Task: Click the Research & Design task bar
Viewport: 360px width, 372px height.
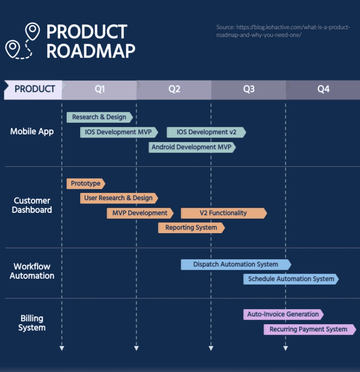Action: pyautogui.click(x=100, y=117)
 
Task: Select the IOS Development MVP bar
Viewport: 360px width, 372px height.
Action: pyautogui.click(x=119, y=132)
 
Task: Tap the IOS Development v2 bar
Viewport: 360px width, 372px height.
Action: pyautogui.click(x=206, y=132)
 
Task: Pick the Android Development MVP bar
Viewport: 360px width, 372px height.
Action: pyautogui.click(x=192, y=147)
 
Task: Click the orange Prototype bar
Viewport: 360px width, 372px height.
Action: pyautogui.click(x=86, y=184)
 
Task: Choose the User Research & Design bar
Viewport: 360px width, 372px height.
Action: pyautogui.click(x=119, y=198)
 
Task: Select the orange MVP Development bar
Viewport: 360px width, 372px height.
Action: pyautogui.click(x=140, y=213)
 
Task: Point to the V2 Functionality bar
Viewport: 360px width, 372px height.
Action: pyautogui.click(x=224, y=213)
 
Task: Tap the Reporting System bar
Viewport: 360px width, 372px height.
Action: pyautogui.click(x=191, y=228)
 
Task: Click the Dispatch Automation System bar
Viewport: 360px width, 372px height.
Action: pyautogui.click(x=236, y=265)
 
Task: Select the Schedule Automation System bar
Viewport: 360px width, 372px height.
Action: pyautogui.click(x=291, y=279)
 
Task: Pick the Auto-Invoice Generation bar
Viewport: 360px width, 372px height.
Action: pyautogui.click(x=283, y=315)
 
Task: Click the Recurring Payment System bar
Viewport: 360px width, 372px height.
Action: pyautogui.click(x=310, y=330)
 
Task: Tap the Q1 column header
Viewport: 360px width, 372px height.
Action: pyautogui.click(x=99, y=90)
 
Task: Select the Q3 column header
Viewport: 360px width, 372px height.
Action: pyautogui.click(x=249, y=90)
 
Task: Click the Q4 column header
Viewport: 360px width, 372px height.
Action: pyautogui.click(x=323, y=90)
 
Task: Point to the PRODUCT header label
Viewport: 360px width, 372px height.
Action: pyautogui.click(x=35, y=89)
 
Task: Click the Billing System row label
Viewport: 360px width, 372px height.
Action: pyautogui.click(x=32, y=323)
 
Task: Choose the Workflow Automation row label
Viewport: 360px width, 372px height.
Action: pyautogui.click(x=32, y=271)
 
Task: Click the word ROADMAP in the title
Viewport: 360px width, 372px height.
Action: pyautogui.click(x=91, y=51)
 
